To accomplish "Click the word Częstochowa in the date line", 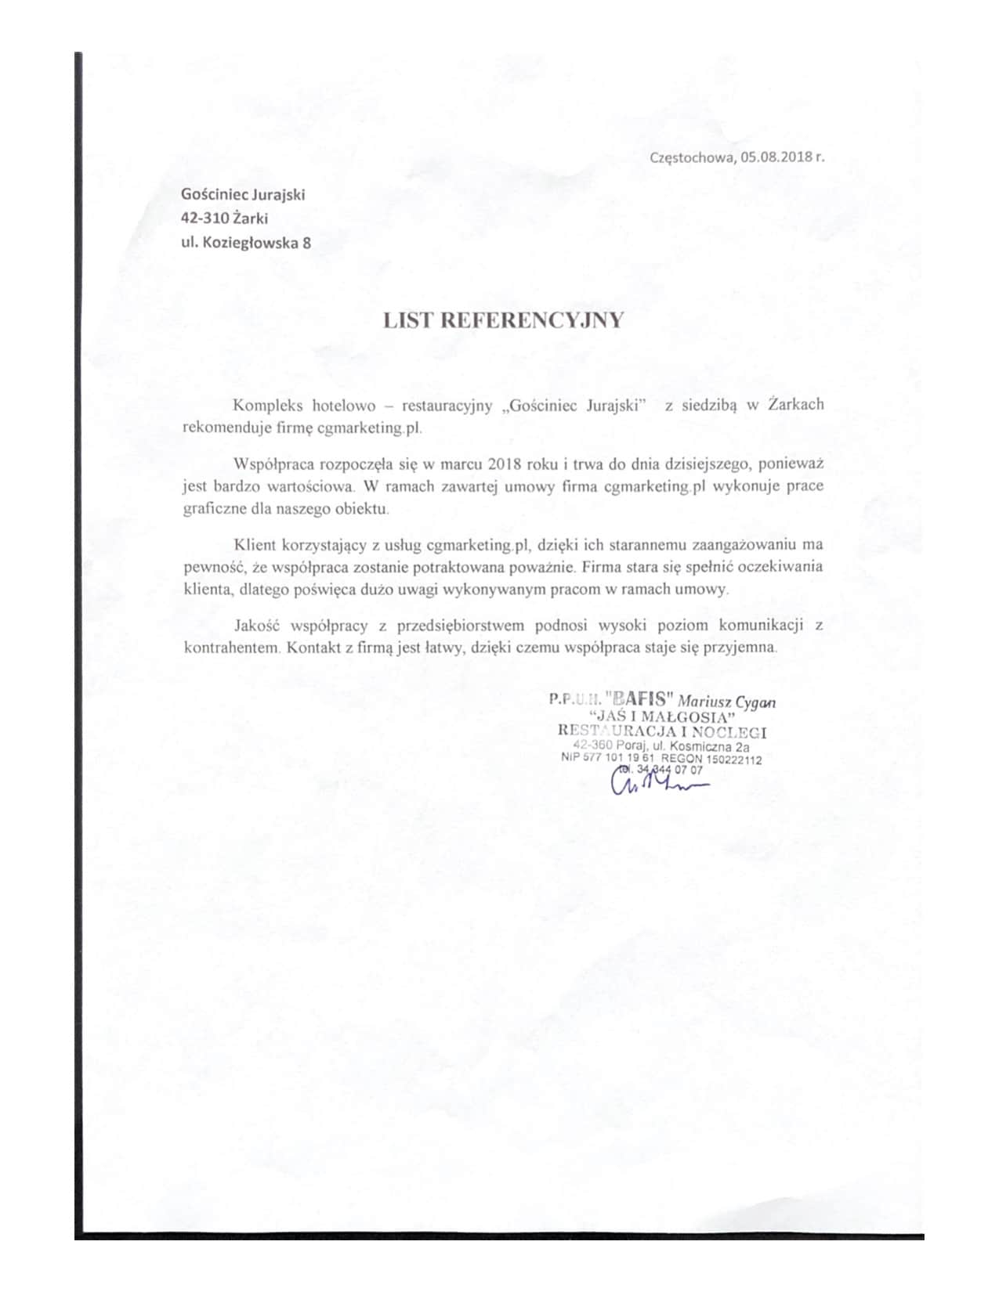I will tap(692, 157).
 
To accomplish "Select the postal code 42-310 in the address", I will tap(205, 218).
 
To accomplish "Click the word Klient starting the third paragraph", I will tap(251, 543).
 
